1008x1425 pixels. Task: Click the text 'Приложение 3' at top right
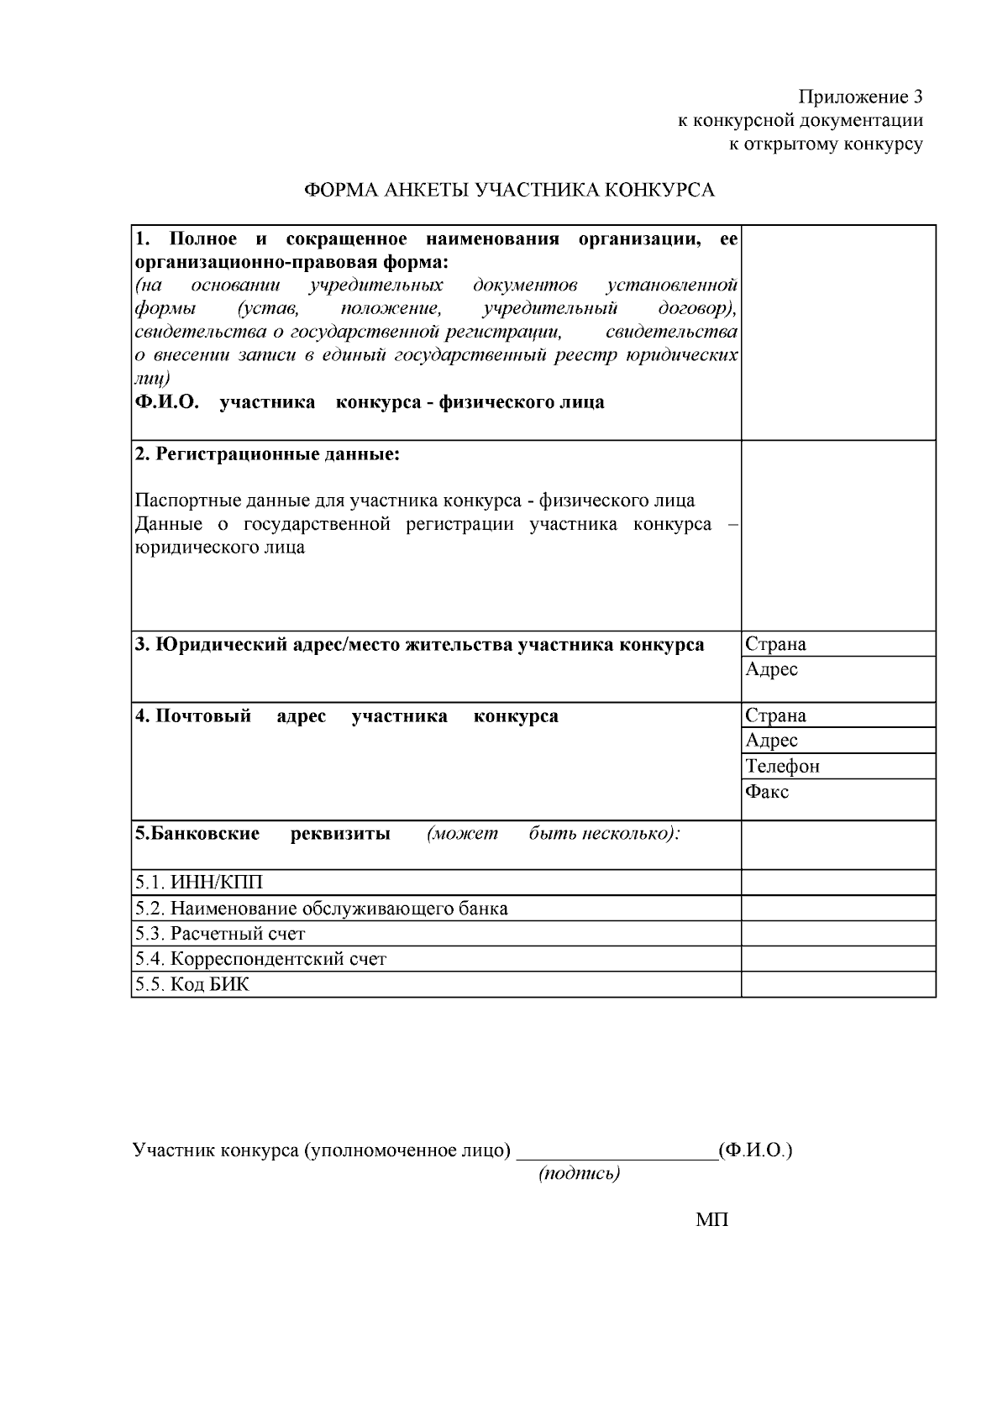tap(860, 97)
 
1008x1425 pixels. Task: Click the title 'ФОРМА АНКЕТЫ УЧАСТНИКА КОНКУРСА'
tap(509, 190)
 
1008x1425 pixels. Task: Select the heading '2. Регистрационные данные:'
tap(267, 455)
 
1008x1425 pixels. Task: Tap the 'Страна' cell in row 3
tap(775, 644)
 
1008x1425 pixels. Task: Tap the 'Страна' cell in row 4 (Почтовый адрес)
tap(775, 715)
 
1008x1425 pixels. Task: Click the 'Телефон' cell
tap(782, 766)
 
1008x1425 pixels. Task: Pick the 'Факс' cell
tap(767, 792)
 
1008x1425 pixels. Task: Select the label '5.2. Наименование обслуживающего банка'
tap(321, 909)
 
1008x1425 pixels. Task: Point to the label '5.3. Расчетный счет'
tap(220, 934)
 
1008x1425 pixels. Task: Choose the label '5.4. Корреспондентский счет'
tap(260, 959)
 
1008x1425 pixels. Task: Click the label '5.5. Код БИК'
tap(192, 985)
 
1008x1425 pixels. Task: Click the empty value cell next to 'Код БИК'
tap(837, 985)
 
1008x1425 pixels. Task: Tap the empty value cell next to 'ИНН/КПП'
tap(837, 883)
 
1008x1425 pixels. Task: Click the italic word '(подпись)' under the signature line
tap(579, 1174)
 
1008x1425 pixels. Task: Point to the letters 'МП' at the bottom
tap(711, 1220)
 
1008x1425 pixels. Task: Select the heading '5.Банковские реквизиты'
tap(262, 834)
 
